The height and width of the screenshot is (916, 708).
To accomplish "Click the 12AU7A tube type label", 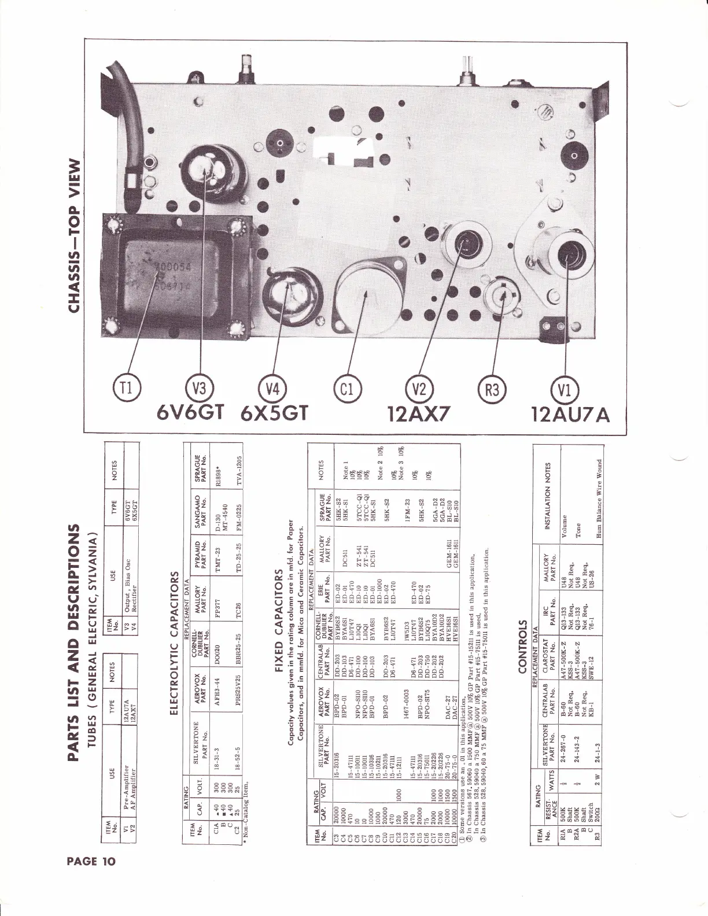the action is point(570,414).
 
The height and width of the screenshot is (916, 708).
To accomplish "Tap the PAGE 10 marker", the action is point(91,861).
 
